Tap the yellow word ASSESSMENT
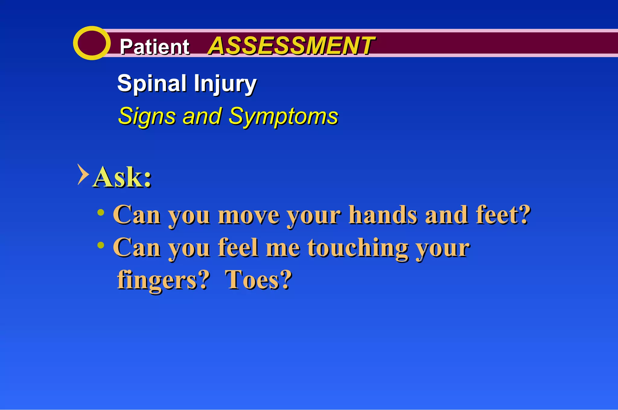291,46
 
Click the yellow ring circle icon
91,43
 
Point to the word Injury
225,84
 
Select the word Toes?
259,280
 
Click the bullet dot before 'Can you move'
101,213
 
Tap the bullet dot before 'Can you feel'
101,245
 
